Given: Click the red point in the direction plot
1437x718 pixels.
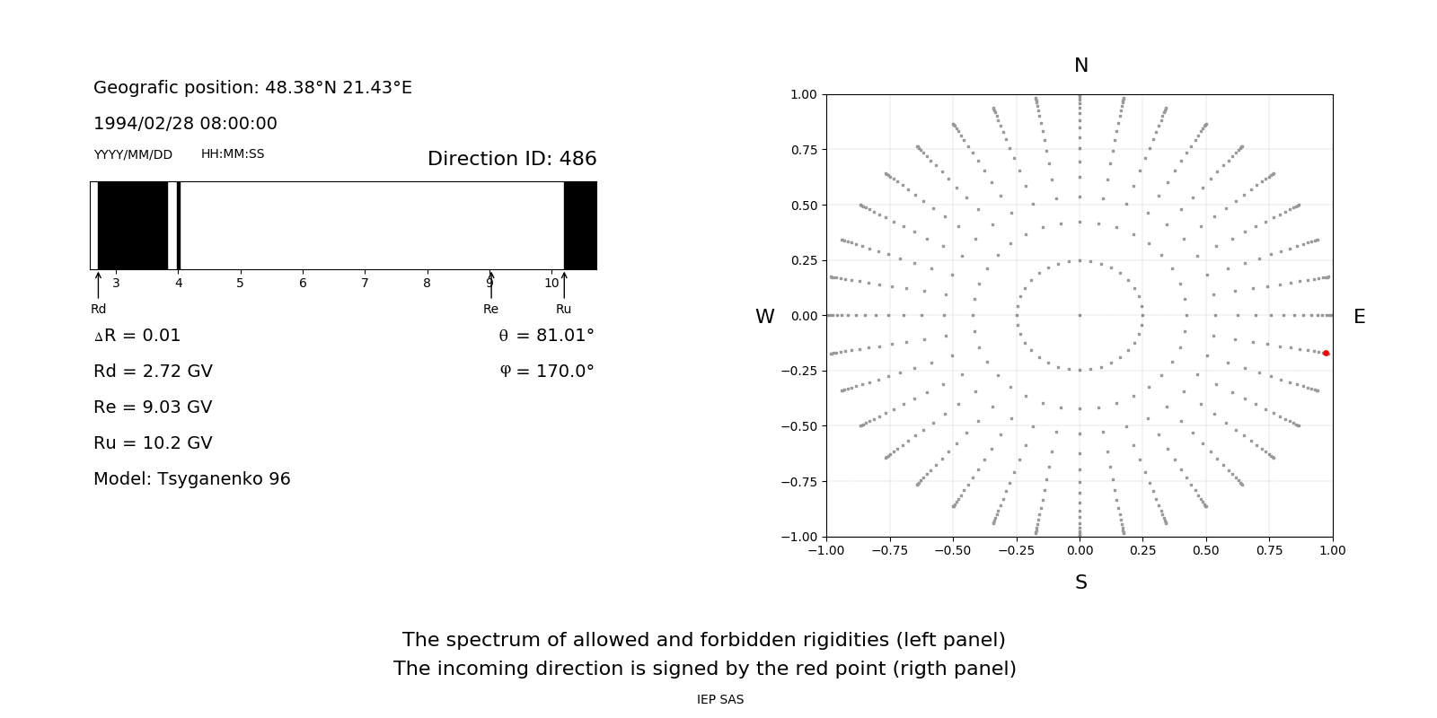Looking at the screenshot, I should (x=1326, y=353).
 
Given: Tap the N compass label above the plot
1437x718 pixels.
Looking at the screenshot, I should (x=1081, y=66).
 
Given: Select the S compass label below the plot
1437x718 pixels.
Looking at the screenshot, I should (x=1081, y=582).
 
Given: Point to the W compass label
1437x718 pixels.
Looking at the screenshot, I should (x=764, y=317).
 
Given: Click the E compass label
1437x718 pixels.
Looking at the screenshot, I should (x=1359, y=317).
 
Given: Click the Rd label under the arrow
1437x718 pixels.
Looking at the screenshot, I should (x=98, y=309).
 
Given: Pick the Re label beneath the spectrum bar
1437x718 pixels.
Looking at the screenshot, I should (x=490, y=309).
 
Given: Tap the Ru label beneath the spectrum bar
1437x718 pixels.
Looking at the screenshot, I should (x=563, y=309).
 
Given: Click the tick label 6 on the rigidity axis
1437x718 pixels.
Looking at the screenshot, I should (x=303, y=283).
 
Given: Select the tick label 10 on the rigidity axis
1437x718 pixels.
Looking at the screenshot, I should (x=551, y=283).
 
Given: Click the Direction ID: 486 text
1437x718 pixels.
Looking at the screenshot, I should (x=512, y=159).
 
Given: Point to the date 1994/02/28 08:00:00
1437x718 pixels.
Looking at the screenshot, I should (x=185, y=123).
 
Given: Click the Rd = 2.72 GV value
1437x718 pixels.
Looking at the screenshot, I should (x=153, y=371).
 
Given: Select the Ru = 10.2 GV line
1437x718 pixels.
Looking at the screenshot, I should (x=153, y=442).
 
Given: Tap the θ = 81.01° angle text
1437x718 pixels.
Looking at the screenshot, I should (x=546, y=335).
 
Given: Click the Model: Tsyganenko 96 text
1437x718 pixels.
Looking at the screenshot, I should (x=191, y=478).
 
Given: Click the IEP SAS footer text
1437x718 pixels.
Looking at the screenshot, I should (x=719, y=699).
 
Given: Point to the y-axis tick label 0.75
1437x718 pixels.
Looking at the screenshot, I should (x=803, y=149).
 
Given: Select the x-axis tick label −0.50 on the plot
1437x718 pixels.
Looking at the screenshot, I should (x=953, y=550).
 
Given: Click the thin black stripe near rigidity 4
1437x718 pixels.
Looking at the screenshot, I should (x=179, y=225).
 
